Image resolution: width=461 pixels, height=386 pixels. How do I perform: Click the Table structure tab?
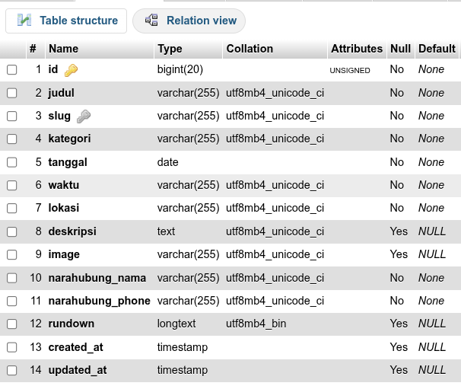pos(66,21)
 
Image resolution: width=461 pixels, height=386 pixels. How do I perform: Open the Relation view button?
pos(189,21)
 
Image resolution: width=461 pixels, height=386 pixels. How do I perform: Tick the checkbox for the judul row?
pos(11,93)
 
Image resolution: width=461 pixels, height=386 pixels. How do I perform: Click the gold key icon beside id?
pos(71,70)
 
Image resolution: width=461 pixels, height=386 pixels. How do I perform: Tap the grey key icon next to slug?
pos(84,116)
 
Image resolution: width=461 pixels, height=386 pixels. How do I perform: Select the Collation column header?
pos(250,49)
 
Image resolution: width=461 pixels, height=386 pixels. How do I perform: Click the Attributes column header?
pos(357,49)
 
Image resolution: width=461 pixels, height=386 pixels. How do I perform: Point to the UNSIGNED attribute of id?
pos(350,71)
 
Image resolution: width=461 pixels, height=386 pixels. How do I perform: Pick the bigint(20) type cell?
pos(180,69)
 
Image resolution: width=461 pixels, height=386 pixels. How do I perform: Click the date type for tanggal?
pos(167,162)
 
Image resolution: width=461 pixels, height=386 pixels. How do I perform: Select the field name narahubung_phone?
pos(100,301)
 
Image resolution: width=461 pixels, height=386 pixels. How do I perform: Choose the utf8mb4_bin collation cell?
pos(256,324)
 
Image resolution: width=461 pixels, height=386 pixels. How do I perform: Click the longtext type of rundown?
pos(176,324)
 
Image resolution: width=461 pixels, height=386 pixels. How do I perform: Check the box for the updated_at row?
pos(11,371)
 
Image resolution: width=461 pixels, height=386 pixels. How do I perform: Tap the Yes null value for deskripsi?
pos(399,231)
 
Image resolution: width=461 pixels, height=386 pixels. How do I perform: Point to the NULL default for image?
pos(432,254)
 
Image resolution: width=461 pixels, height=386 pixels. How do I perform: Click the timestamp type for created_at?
pos(183,347)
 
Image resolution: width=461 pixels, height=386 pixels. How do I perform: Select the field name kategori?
pos(69,139)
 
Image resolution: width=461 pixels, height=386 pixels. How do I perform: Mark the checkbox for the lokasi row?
pos(11,209)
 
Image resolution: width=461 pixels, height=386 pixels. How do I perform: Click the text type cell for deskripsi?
pos(166,231)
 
